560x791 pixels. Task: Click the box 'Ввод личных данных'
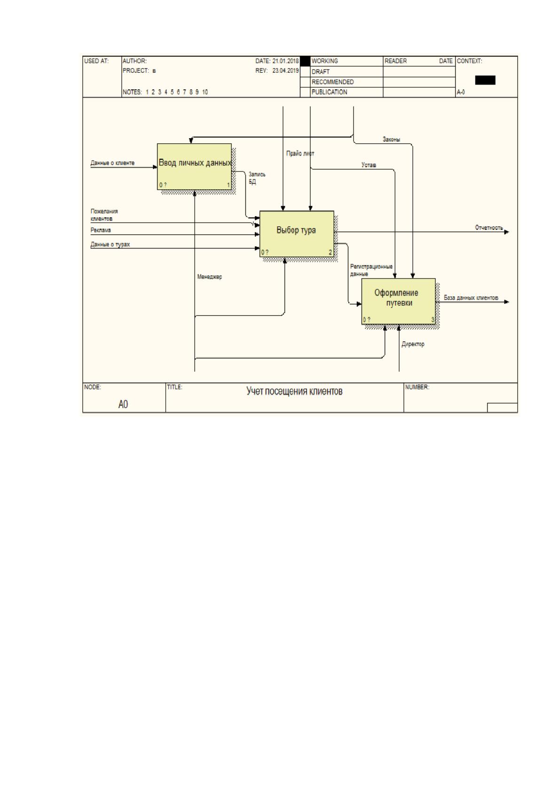tap(194, 166)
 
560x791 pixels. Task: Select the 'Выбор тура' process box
tap(297, 234)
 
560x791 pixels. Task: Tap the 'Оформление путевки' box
tap(398, 301)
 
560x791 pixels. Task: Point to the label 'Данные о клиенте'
tap(112, 163)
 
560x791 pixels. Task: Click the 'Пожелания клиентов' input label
tap(104, 215)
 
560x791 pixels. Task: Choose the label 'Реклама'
tap(101, 230)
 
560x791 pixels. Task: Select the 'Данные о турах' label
tap(110, 244)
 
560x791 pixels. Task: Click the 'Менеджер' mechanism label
tap(210, 277)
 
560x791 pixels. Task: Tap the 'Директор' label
tap(413, 344)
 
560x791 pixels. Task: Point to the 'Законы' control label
tap(391, 140)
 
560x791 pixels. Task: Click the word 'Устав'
tap(369, 165)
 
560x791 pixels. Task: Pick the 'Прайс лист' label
tap(300, 154)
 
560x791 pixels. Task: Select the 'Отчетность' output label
tap(489, 228)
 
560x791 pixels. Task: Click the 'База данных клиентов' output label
tap(471, 298)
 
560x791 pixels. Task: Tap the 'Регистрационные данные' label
tap(371, 270)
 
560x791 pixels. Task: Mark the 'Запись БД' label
tap(257, 178)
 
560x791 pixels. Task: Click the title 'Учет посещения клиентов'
tap(294, 391)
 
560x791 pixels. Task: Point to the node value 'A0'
tap(123, 404)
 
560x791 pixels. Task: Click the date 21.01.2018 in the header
tap(286, 61)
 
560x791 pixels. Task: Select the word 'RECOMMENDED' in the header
tap(333, 82)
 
